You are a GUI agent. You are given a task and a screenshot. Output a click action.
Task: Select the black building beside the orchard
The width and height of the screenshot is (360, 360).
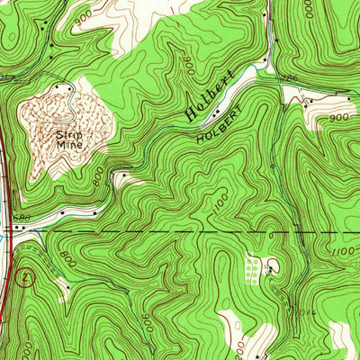(x=269, y=267)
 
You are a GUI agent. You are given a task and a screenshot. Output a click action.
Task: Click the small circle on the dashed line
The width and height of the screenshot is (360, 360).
(x=270, y=232)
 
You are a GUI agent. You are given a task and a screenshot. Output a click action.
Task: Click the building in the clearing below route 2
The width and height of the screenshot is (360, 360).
(x=59, y=288)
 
